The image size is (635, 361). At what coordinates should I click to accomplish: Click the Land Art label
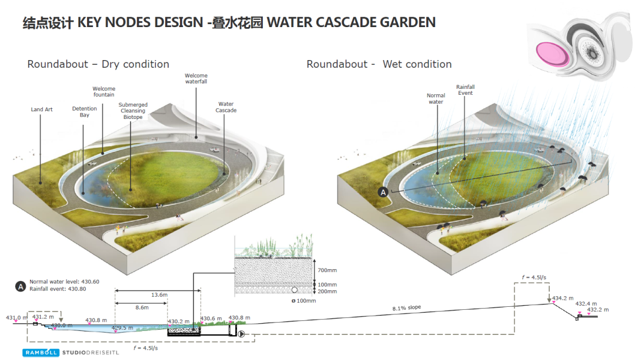42,110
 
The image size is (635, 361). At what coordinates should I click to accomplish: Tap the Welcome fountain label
104,92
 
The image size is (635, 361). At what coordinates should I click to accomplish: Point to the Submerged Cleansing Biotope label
133,111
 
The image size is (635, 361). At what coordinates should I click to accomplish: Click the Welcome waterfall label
196,79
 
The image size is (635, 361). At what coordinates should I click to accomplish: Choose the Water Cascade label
226,107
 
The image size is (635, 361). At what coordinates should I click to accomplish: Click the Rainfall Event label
465,90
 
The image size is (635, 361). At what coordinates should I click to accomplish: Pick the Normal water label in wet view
436,99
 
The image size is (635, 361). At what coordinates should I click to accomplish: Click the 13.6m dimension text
159,295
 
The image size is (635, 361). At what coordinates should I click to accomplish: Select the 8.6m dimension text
142,308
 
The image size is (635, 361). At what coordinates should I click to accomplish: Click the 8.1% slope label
407,307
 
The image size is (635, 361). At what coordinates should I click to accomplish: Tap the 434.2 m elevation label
563,298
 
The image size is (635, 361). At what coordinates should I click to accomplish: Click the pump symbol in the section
242,334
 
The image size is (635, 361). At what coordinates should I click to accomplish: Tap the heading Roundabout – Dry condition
98,64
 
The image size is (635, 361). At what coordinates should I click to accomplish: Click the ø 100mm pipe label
304,301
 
